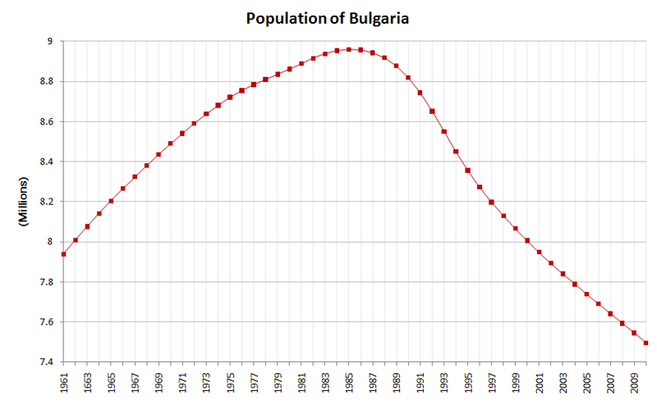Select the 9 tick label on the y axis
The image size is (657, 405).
click(x=49, y=41)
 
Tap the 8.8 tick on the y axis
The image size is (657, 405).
click(x=45, y=81)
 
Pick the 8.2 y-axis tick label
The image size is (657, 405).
click(x=45, y=202)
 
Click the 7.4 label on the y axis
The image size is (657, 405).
click(x=45, y=362)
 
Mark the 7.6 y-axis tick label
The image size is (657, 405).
click(x=45, y=322)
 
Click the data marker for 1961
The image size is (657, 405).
click(x=63, y=254)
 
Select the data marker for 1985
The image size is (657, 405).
click(x=349, y=49)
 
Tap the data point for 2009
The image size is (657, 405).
click(x=635, y=333)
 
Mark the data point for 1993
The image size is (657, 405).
click(x=444, y=131)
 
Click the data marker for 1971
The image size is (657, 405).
click(x=182, y=133)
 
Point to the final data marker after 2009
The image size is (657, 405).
click(x=646, y=343)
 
